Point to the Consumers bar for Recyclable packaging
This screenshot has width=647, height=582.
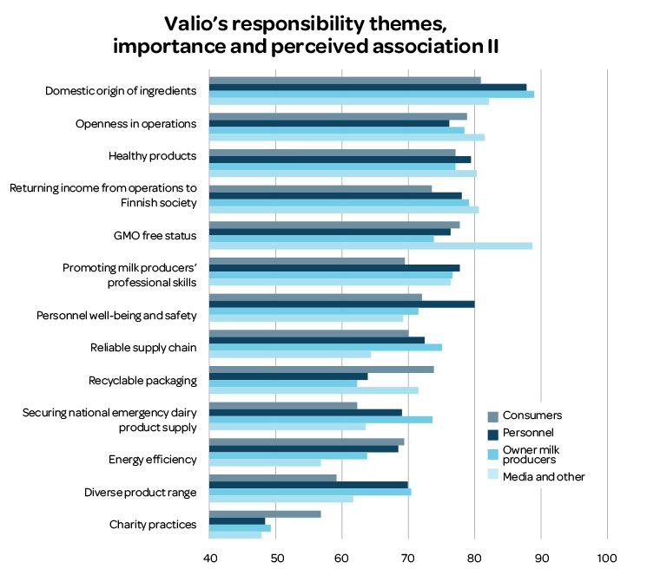(x=322, y=369)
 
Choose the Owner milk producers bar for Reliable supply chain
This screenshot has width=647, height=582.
(x=326, y=347)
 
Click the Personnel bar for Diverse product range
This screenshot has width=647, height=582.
(x=309, y=485)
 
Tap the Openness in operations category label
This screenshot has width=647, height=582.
(x=136, y=123)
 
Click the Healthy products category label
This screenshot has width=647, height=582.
(x=153, y=156)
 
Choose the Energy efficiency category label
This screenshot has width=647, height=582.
(x=153, y=460)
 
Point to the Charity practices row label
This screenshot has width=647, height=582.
(x=153, y=525)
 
